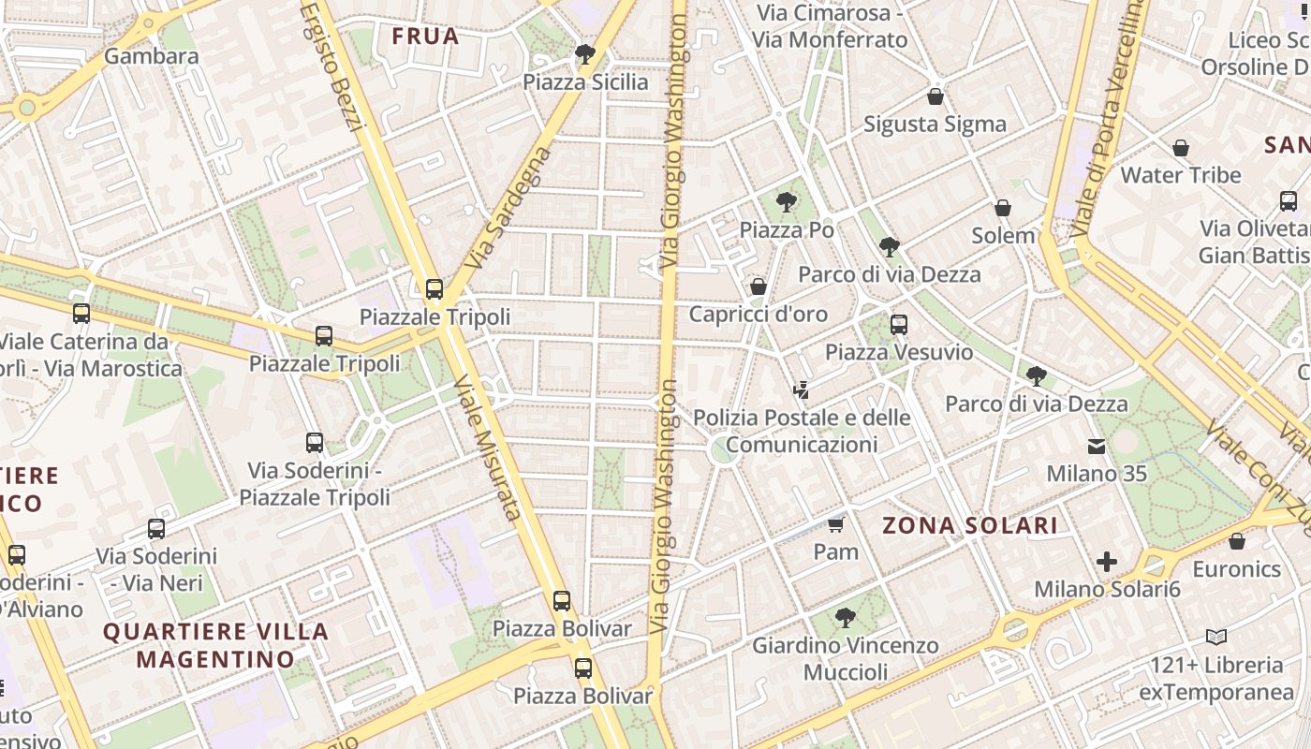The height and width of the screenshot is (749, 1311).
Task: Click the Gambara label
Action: tap(151, 56)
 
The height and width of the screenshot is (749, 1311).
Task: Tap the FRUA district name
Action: tap(425, 37)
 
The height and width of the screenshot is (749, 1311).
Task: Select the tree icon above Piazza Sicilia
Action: tap(585, 54)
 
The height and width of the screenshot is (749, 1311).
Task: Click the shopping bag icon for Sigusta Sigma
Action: tap(935, 96)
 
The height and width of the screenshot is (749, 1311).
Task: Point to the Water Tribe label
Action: tap(1180, 175)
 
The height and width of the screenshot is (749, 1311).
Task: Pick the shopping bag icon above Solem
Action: tap(1002, 208)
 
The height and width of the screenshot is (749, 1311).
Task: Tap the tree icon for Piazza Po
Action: tap(787, 201)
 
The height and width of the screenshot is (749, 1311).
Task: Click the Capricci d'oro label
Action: tap(759, 314)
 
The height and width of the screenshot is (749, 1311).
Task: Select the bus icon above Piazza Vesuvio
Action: tap(899, 325)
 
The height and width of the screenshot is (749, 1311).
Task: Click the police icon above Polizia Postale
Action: tap(801, 389)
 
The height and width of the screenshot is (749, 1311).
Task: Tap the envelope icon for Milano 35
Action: tap(1096, 447)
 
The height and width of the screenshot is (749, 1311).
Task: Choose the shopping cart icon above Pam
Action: tap(835, 524)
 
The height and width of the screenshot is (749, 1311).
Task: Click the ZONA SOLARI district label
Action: tap(970, 525)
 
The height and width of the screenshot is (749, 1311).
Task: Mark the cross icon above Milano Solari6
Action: tap(1107, 562)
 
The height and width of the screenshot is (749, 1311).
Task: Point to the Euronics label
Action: tap(1236, 569)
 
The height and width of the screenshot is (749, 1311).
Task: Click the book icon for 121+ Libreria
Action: tap(1216, 638)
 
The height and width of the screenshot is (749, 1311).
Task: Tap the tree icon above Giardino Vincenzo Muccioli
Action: tap(846, 617)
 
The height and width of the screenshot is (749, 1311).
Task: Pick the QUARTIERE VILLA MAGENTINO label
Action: tap(215, 645)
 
